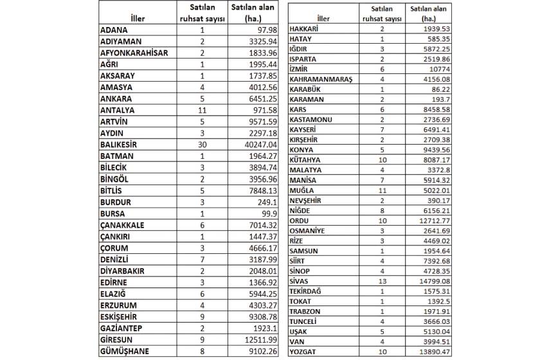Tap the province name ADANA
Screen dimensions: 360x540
coord(114,30)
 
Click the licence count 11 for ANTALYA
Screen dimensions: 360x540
coord(202,110)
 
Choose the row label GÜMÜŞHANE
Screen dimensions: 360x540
coord(123,352)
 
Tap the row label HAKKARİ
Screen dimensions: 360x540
coord(309,30)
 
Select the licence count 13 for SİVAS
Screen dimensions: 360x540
coord(382,280)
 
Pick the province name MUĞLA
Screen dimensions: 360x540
coord(303,190)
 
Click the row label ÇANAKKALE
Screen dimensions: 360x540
coord(122,225)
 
